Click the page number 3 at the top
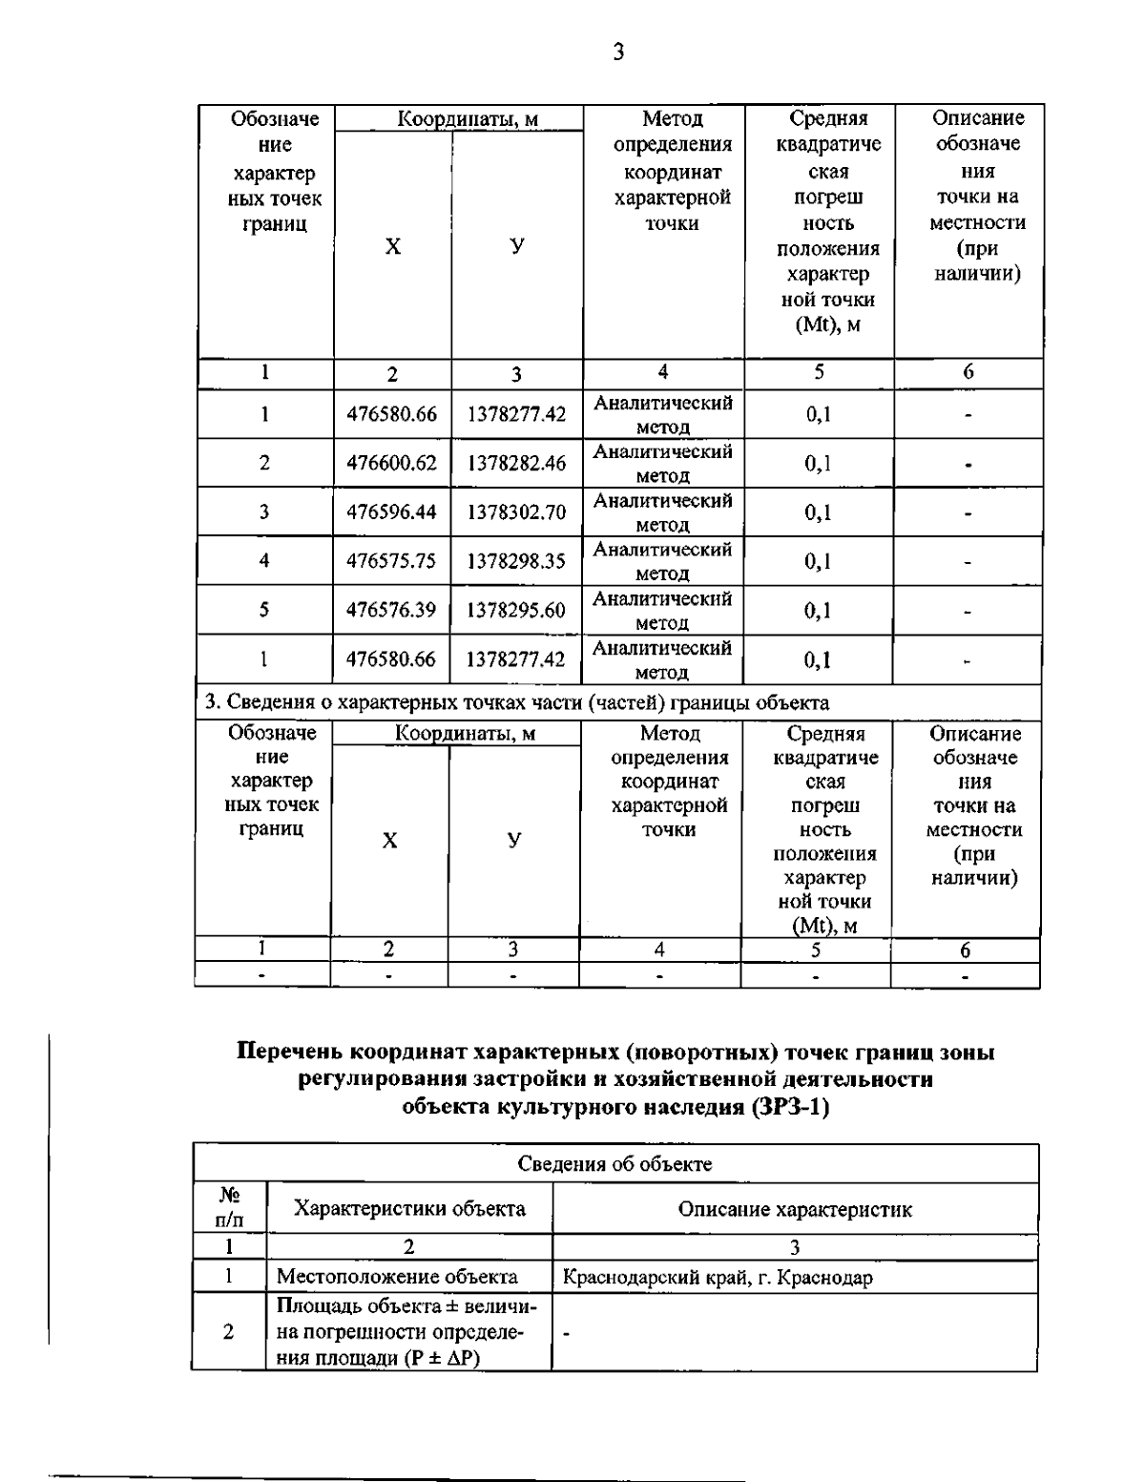click(x=618, y=52)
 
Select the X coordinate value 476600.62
click(x=391, y=464)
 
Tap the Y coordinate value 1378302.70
click(x=516, y=512)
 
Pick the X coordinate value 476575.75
click(x=391, y=561)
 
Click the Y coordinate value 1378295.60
click(x=516, y=611)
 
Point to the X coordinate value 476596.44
click(x=391, y=512)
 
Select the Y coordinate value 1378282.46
click(x=516, y=464)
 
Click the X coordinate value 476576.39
click(x=391, y=611)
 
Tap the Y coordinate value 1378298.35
click(x=516, y=561)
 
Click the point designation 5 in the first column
click(x=264, y=610)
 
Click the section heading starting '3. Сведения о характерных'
click(x=516, y=703)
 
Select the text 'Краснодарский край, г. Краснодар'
click(x=718, y=1277)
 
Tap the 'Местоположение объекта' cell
click(x=397, y=1277)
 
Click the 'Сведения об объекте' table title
click(x=614, y=1164)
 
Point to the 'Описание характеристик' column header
click(x=794, y=1209)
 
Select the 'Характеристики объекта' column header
click(x=409, y=1209)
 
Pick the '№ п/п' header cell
click(x=229, y=1208)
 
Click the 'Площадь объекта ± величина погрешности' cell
click(x=407, y=1332)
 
